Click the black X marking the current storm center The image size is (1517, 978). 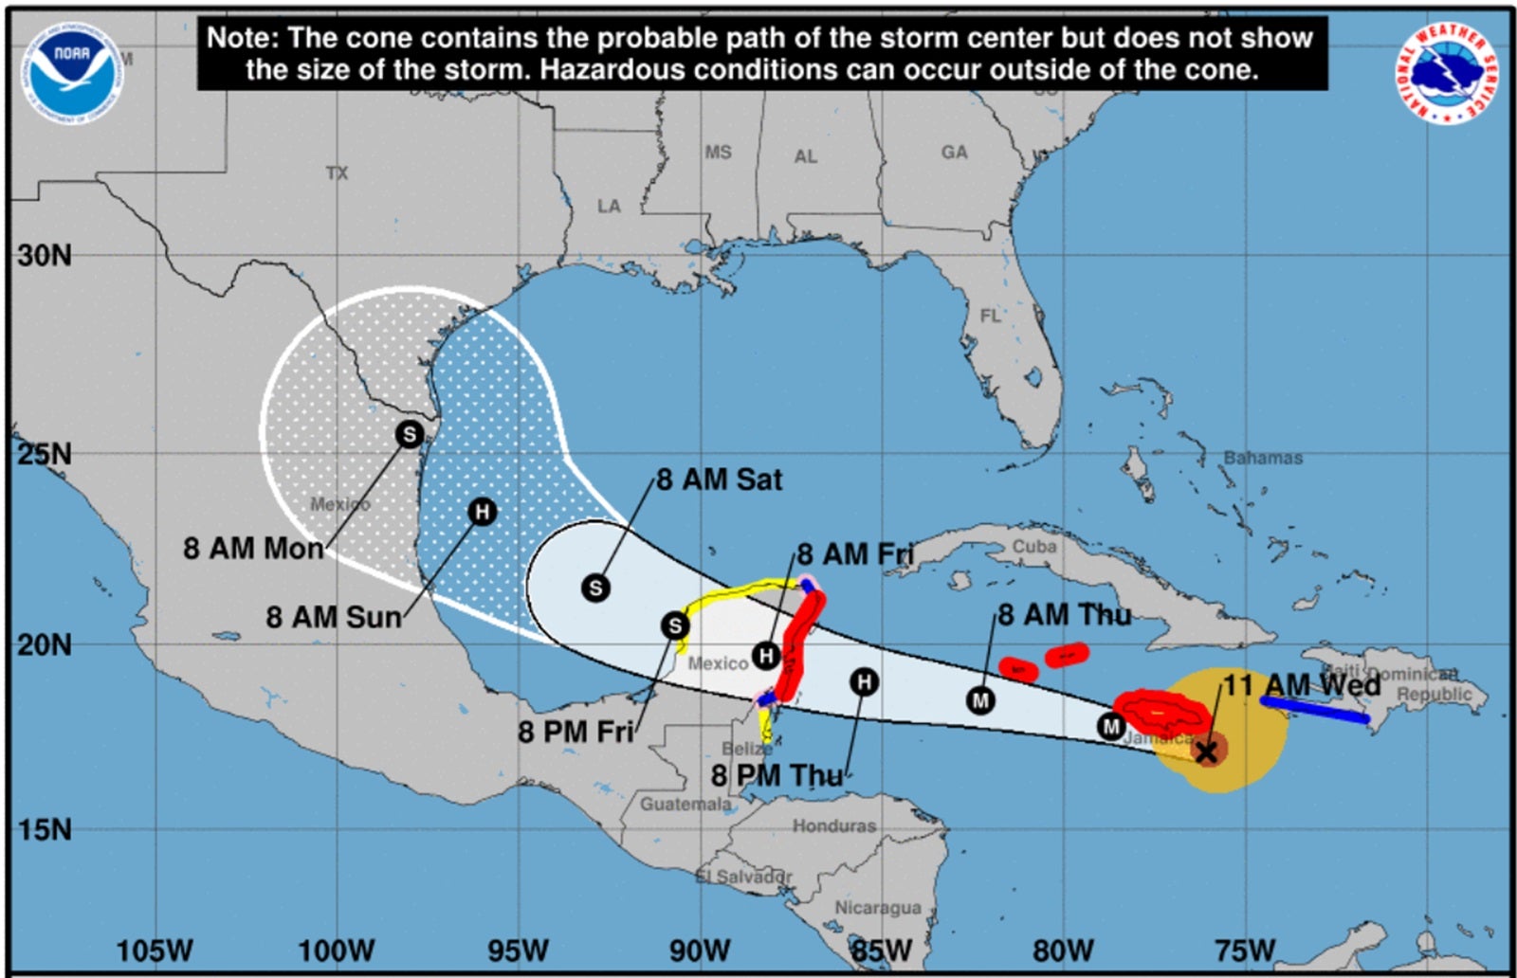[x=1206, y=752]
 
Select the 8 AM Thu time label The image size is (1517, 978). [x=1064, y=615]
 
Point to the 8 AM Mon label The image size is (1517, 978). [x=253, y=548]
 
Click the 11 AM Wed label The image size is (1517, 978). [x=1301, y=684]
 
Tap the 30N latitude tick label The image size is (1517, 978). [x=45, y=255]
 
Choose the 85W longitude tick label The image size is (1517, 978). [x=881, y=950]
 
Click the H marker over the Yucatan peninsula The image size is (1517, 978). [x=766, y=655]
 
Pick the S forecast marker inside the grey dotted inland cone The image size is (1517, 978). [x=409, y=434]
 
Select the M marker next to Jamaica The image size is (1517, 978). [x=1110, y=727]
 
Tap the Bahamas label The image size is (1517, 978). [x=1262, y=458]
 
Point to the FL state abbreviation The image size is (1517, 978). [x=990, y=316]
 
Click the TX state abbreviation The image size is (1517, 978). [x=337, y=172]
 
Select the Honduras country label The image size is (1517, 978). [x=834, y=825]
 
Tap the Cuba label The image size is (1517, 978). [x=1033, y=547]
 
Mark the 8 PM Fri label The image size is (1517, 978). [x=575, y=732]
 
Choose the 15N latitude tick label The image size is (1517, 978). [x=45, y=829]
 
